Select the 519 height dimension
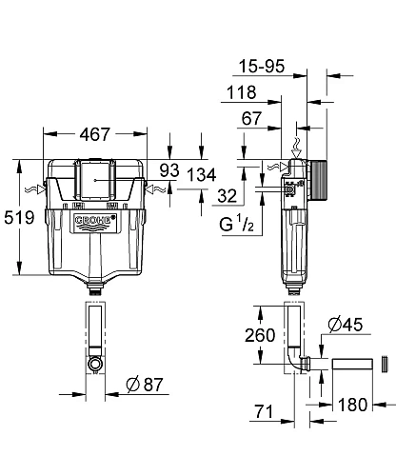click(x=19, y=218)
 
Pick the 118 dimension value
click(x=241, y=93)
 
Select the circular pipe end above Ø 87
click(x=93, y=364)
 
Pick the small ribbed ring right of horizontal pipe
click(x=384, y=365)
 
